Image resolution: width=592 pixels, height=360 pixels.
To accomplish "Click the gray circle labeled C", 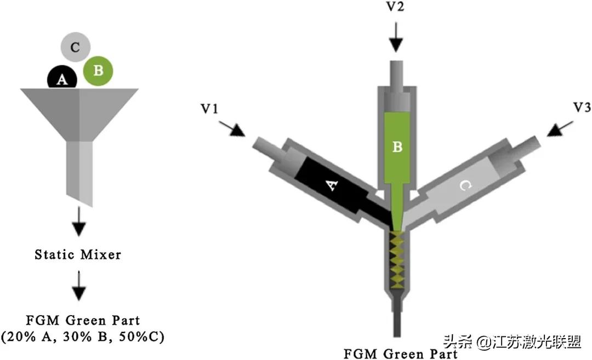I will pyautogui.click(x=75, y=48).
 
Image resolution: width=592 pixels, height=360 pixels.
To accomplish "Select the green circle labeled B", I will pyautogui.click(x=99, y=71).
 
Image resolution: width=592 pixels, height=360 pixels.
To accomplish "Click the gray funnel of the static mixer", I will pyautogui.click(x=79, y=110).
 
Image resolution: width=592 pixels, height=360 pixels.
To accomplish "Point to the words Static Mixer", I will pyautogui.click(x=78, y=255).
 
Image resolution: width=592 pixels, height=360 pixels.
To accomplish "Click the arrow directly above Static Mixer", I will pyautogui.click(x=79, y=222).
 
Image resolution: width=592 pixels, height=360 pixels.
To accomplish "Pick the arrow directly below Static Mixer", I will pyautogui.click(x=79, y=287).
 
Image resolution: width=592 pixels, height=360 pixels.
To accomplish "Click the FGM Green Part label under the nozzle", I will pyautogui.click(x=400, y=353).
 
